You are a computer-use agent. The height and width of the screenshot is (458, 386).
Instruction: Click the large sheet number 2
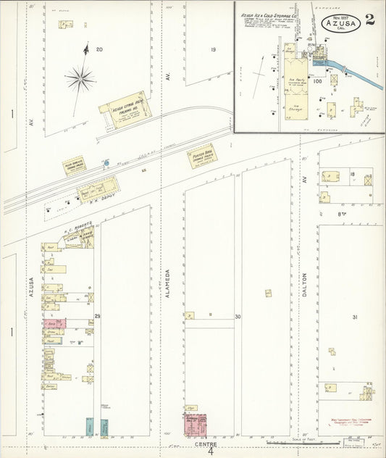(x=369, y=19)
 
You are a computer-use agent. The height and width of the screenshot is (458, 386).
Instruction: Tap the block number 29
(x=97, y=316)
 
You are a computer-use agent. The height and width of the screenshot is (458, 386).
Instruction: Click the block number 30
(x=238, y=317)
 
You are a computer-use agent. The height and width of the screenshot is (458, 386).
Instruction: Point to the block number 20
(x=99, y=49)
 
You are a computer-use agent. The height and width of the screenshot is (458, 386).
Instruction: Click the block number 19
(x=214, y=49)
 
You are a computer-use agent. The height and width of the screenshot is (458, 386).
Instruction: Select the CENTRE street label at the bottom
(x=206, y=444)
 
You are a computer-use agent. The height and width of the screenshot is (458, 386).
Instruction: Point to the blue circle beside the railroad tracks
(x=106, y=163)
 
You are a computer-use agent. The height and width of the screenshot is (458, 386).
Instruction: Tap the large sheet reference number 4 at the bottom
(x=211, y=451)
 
